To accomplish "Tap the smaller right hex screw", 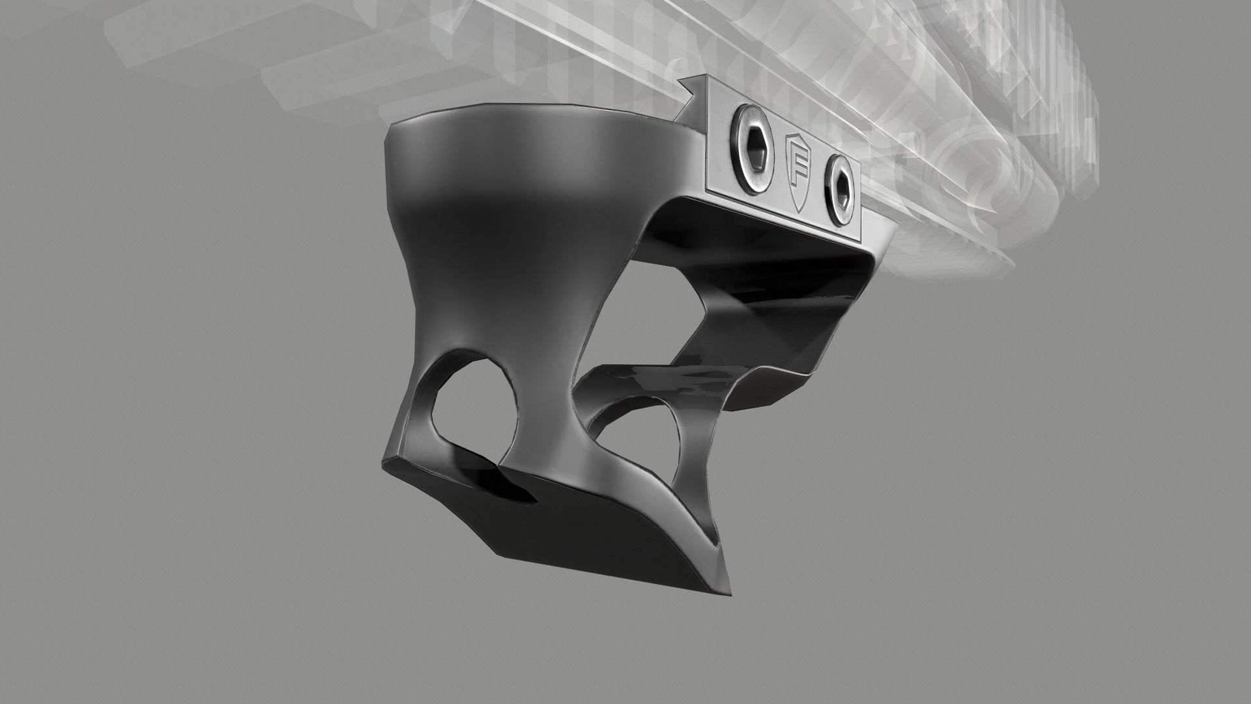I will point(839,190).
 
